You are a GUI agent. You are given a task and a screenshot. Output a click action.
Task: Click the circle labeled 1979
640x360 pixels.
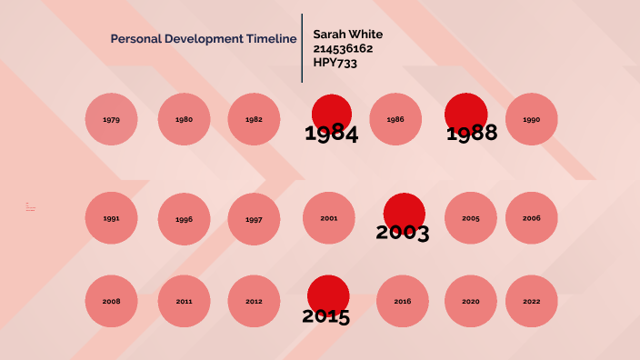tap(112, 119)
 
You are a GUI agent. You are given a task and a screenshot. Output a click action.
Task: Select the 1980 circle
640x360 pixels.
tap(185, 119)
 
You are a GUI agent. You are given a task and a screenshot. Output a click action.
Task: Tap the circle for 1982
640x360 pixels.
tap(254, 119)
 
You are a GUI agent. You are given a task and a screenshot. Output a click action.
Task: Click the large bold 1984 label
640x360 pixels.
tap(331, 135)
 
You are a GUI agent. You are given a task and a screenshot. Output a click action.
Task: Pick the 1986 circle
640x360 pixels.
tap(395, 119)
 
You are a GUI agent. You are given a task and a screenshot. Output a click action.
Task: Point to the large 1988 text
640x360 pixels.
tap(472, 133)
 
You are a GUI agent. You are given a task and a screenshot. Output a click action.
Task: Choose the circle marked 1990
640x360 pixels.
tap(532, 119)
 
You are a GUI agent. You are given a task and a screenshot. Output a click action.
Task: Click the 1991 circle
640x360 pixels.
tap(112, 218)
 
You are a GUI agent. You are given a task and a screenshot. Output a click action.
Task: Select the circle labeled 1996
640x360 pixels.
tap(185, 219)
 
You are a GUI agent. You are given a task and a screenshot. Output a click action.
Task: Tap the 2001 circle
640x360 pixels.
tap(329, 218)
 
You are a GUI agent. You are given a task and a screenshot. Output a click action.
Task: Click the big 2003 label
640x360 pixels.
tap(403, 232)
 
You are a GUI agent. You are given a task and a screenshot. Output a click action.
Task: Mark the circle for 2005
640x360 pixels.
tap(471, 218)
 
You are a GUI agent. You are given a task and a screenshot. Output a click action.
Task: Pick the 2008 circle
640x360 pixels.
tap(112, 301)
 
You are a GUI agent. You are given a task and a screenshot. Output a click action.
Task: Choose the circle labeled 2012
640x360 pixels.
tap(254, 301)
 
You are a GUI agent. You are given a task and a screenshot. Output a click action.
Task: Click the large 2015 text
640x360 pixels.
tap(326, 316)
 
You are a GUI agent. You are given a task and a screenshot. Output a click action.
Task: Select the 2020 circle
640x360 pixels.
tap(471, 301)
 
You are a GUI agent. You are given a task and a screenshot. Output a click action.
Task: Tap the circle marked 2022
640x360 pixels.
tap(532, 301)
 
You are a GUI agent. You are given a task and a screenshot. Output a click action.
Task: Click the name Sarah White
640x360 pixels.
tap(348, 35)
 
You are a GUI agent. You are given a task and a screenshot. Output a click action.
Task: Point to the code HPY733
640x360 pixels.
tap(335, 63)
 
